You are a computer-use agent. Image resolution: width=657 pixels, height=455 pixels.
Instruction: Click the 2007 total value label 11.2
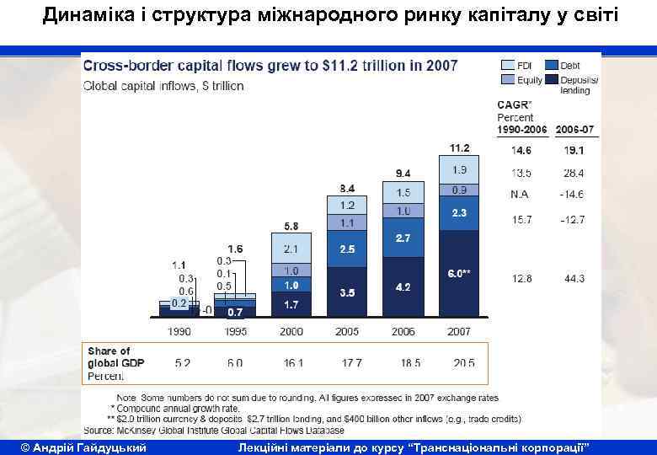pos(459,147)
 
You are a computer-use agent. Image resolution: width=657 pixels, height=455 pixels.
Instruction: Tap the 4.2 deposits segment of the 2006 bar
pos(403,287)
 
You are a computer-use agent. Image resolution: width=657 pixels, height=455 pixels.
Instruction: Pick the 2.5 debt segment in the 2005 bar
pos(347,250)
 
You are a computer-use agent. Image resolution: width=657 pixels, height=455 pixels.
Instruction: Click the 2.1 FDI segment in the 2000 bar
pos(291,249)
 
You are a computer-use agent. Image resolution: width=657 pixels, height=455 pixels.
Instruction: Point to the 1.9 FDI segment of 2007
pos(459,169)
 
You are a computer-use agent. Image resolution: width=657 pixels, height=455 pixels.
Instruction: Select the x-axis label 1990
pos(179,332)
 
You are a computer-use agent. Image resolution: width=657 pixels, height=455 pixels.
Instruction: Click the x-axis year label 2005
pos(347,332)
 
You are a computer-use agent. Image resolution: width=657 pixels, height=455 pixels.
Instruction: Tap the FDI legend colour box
pos(508,65)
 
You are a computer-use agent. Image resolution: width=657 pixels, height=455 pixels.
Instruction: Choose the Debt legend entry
pos(570,65)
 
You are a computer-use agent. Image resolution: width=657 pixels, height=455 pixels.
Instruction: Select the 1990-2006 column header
pos(521,130)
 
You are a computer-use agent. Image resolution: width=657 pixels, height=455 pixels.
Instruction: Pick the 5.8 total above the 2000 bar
pos(291,226)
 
